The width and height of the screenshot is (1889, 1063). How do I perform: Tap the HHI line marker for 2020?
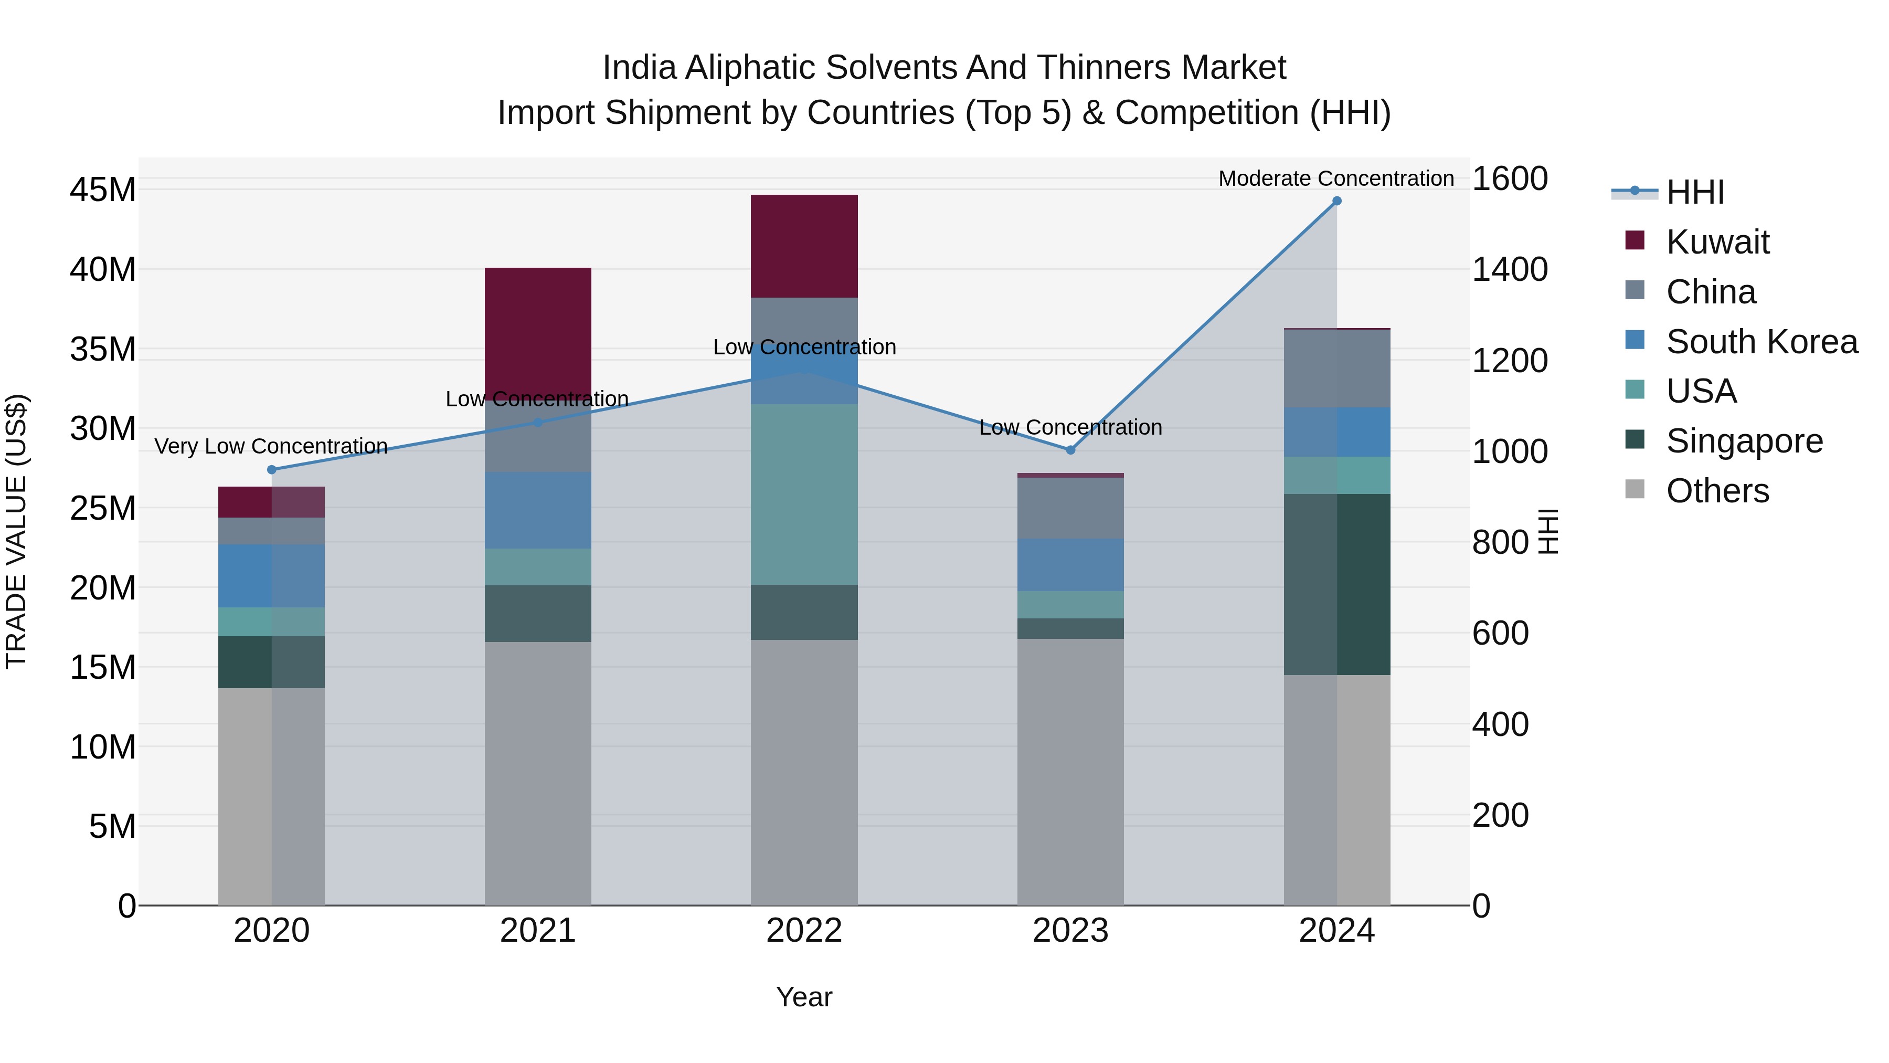271,469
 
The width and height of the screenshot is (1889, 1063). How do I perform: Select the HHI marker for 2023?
1070,450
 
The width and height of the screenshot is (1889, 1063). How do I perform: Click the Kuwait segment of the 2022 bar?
804,246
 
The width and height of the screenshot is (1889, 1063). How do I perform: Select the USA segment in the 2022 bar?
804,494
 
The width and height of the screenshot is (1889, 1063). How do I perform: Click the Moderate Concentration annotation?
1335,178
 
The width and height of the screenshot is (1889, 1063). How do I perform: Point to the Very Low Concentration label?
271,446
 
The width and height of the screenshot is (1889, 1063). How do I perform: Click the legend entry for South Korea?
1761,341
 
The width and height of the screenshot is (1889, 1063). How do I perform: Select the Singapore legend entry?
1744,441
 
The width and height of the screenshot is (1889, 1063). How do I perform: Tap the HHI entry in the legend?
1695,192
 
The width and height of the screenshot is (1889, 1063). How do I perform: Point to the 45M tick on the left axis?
103,190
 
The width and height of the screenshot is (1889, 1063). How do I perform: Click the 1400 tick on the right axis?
1509,269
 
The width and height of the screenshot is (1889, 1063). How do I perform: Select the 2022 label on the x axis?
804,931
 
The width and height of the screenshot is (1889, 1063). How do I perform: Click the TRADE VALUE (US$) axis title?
16,531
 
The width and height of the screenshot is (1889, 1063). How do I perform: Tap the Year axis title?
804,997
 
